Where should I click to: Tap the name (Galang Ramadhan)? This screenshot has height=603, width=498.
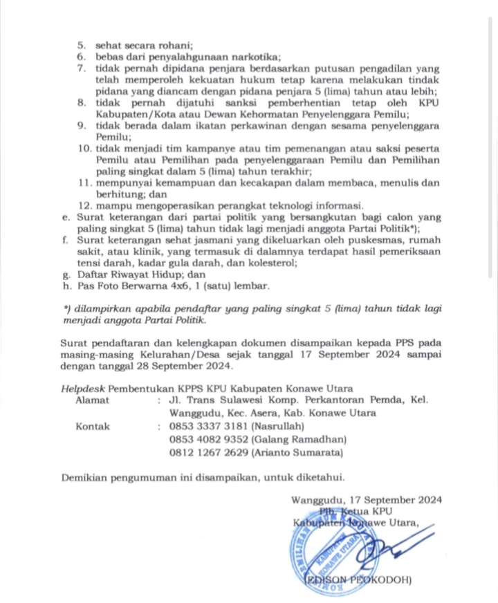302,439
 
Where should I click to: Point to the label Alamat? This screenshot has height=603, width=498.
92,400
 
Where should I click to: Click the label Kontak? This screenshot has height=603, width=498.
93,426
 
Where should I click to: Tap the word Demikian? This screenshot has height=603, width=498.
85,476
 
